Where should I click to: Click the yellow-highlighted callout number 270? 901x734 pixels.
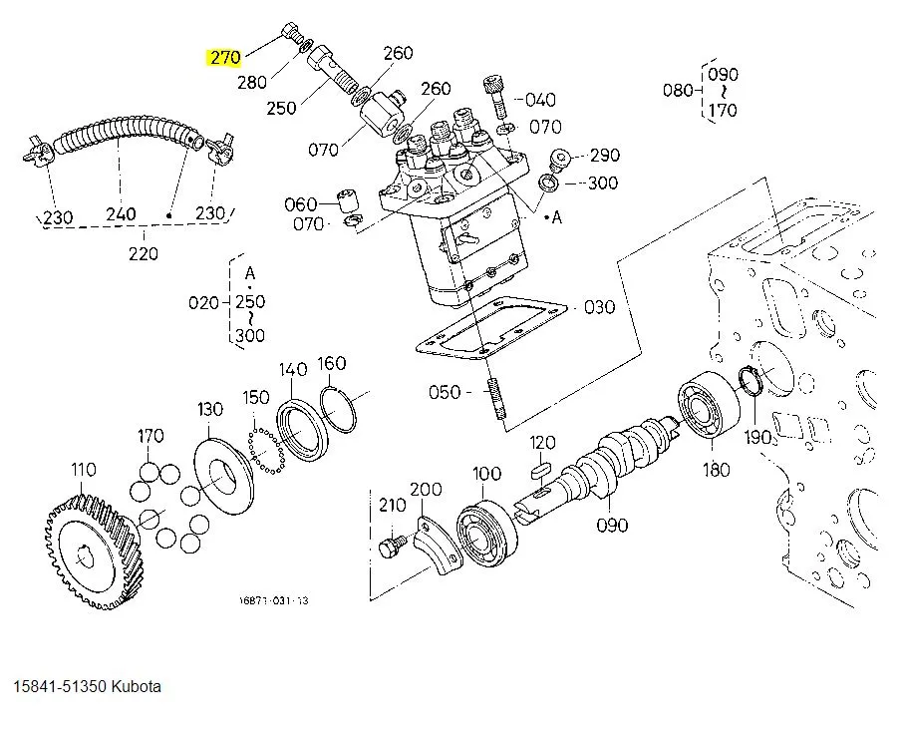[224, 58]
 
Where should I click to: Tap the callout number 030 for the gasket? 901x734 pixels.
[599, 307]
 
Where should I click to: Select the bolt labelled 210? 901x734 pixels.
[391, 546]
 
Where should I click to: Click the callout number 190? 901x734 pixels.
[758, 437]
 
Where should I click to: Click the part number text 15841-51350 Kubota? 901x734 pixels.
[87, 687]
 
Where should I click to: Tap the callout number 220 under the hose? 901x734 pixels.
[144, 253]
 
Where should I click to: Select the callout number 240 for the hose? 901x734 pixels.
[121, 213]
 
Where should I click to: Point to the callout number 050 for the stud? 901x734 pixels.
[445, 392]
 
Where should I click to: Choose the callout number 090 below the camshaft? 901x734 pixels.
[612, 525]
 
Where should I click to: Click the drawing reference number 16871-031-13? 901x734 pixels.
[273, 600]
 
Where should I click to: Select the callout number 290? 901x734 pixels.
[604, 155]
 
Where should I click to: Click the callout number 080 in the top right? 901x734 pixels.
[678, 91]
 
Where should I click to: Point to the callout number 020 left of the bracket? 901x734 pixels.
[204, 302]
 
